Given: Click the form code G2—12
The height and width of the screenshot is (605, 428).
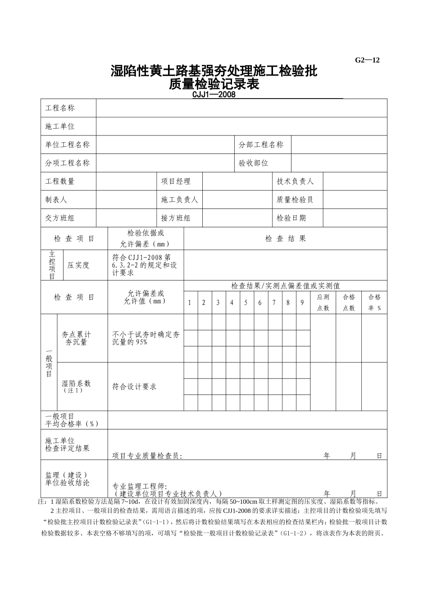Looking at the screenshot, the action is (367, 60).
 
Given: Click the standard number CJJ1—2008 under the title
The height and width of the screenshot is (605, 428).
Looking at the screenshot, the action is (214, 95).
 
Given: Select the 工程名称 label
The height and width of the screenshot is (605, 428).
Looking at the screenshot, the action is (60, 108).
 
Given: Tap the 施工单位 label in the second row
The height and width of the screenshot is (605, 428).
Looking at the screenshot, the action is (60, 126).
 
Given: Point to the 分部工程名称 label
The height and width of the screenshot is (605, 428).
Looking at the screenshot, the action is (261, 144).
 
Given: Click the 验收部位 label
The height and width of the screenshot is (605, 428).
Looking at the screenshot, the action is (254, 163).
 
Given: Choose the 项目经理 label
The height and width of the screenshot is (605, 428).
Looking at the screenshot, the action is (176, 181).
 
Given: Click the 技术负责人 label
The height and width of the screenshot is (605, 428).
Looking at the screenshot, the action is (295, 181).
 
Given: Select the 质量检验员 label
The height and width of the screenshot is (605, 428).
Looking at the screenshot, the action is (295, 200).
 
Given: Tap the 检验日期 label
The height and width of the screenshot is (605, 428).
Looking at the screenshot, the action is (291, 218).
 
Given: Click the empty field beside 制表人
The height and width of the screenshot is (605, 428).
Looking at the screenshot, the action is (126, 200).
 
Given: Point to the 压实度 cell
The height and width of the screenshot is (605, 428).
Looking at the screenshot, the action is (79, 265).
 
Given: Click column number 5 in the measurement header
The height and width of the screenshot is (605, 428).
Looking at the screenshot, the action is (246, 302).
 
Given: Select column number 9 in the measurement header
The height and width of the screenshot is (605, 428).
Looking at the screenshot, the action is (302, 302).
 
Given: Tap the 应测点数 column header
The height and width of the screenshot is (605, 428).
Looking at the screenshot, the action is (323, 302).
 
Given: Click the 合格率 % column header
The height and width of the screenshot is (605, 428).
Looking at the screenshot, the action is (374, 302).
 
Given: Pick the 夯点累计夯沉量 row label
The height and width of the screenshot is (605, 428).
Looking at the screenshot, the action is (76, 339).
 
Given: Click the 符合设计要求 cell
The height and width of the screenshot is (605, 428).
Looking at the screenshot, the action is (134, 387).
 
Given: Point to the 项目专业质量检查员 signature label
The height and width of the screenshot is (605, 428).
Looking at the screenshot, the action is (147, 456).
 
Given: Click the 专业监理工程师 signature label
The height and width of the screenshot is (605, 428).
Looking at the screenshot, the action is (140, 487).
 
